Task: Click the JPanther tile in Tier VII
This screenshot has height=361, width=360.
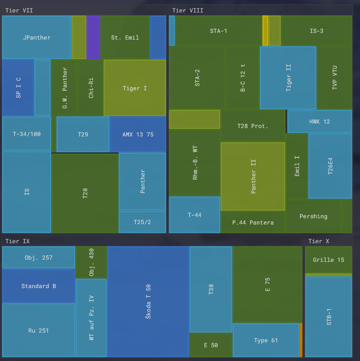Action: coord(36,37)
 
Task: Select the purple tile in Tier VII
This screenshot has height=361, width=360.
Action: coord(93,37)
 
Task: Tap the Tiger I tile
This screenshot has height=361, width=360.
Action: coord(135,88)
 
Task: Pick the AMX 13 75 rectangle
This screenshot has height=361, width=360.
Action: coord(138,134)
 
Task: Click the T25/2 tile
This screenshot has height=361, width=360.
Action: coord(142,222)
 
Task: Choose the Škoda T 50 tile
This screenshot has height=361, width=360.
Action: coord(148,301)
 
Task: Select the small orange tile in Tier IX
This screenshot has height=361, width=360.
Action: coord(301,340)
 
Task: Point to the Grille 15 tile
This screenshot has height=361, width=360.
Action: coord(328,260)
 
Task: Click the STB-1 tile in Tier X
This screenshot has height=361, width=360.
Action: coord(328,317)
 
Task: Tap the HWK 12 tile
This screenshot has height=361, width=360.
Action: coord(320,121)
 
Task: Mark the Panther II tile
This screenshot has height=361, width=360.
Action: coord(253,176)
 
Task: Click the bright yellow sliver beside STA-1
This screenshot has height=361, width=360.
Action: coord(265,31)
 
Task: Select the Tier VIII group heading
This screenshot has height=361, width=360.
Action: coord(187,10)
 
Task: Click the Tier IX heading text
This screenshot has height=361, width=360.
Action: coord(17,241)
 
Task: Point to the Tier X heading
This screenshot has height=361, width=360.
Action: coord(319,241)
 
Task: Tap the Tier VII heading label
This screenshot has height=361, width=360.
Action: coord(19,10)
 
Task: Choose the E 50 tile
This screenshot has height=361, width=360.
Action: coord(211,345)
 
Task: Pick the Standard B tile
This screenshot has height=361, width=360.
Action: coord(39,286)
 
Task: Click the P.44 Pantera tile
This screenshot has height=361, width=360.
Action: coord(253,222)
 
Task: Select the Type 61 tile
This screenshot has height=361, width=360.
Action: coord(266,340)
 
